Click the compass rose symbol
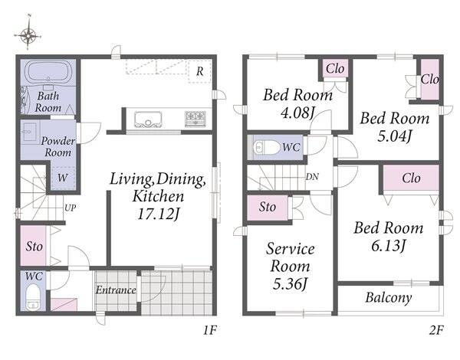click(x=28, y=36)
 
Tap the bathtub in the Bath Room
click(x=49, y=72)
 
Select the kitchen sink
click(x=148, y=119)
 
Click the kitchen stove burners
click(x=193, y=119)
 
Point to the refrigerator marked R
click(x=200, y=71)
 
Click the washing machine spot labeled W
click(x=63, y=178)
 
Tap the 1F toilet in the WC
click(x=32, y=296)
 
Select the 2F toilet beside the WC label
click(x=266, y=148)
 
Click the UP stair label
click(x=70, y=208)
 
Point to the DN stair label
click(x=312, y=177)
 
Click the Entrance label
click(x=116, y=290)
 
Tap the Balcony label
click(x=389, y=298)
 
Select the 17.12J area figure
click(x=158, y=214)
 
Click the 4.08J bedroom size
click(x=297, y=113)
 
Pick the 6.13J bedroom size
click(x=389, y=245)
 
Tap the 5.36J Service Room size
click(x=290, y=283)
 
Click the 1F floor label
click(x=210, y=330)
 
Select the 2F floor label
click(x=436, y=330)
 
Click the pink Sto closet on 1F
click(x=33, y=245)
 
